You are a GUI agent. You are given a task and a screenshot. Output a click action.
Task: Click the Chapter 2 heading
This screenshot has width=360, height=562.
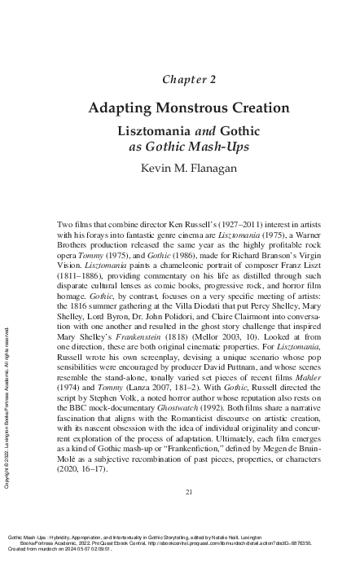pos(188,79)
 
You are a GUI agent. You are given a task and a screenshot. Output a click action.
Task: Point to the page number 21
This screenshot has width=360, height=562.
pos(188,491)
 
